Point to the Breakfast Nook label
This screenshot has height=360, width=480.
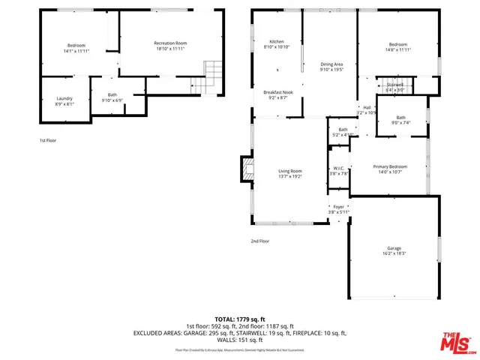277,92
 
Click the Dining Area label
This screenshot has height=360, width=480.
331,65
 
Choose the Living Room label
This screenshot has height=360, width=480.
289,170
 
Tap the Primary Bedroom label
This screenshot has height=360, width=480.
390,166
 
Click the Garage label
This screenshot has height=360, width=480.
394,248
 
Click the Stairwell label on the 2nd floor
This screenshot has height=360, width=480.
394,85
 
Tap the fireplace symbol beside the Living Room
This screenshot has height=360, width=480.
244,165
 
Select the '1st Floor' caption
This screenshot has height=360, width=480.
48,139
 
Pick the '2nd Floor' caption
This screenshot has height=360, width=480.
259,241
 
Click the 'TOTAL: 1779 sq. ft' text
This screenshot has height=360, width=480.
239,319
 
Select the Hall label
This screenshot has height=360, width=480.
367,107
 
